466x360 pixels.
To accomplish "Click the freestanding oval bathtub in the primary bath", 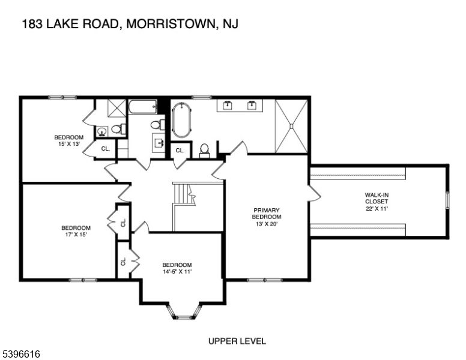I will [181, 121].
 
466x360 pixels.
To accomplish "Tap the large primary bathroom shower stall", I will [291, 125].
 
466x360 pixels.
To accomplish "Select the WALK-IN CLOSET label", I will [377, 198].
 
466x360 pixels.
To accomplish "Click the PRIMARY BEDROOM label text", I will [265, 213].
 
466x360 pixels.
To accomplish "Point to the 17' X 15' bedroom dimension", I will [76, 235].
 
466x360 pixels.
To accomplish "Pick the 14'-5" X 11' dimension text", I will [177, 272].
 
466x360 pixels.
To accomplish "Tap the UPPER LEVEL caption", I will [237, 341].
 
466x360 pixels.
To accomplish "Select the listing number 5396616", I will [22, 355].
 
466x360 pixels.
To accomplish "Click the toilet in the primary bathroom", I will [204, 149].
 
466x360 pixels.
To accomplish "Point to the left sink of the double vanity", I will [228, 106].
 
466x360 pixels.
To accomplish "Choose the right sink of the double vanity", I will [252, 106].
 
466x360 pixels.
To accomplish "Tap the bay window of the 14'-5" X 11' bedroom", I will [183, 311].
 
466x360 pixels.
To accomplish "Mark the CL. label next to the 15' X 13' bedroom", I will [105, 148].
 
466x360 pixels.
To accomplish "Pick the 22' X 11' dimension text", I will [377, 209].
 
